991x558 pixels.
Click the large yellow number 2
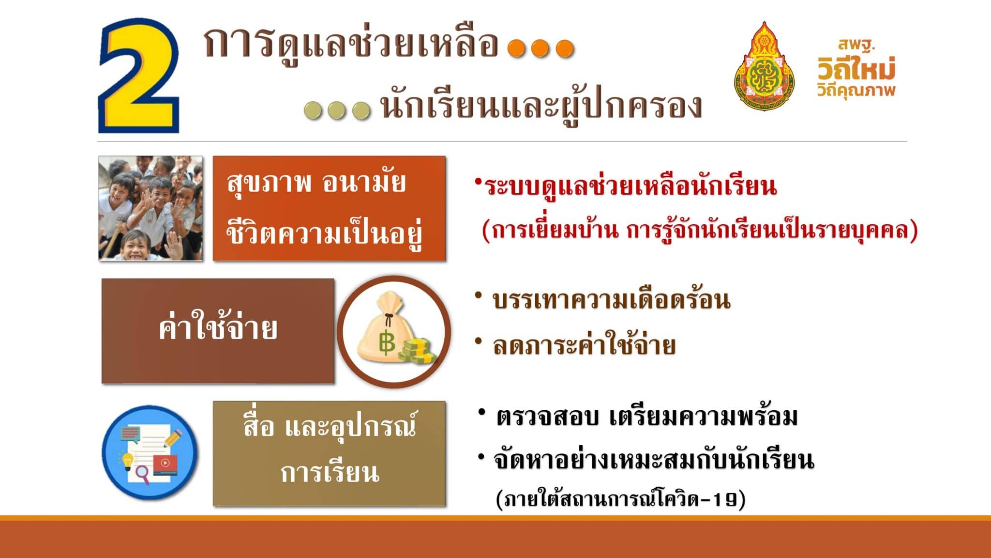coord(139,76)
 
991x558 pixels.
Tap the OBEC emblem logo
coord(764,66)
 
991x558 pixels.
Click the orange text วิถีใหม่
coord(856,69)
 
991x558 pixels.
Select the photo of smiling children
coord(150,208)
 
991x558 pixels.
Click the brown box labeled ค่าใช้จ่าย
coord(218,331)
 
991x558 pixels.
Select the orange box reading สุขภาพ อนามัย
coord(329,208)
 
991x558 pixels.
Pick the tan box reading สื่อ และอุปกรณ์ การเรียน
coord(329,453)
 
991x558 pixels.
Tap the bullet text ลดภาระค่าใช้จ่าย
coord(584,345)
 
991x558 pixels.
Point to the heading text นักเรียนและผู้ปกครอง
coord(541,107)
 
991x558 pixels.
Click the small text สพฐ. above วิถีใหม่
coord(856,45)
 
